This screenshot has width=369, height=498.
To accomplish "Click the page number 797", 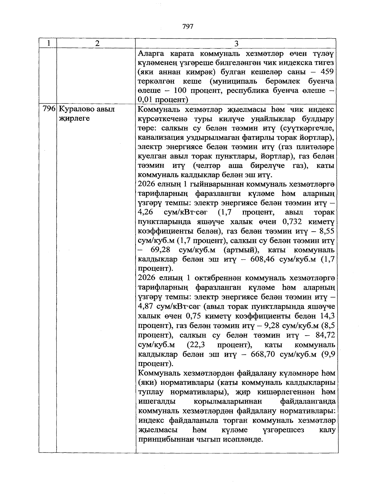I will pos(188,27).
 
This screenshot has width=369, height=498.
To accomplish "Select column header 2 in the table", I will pos(97,44).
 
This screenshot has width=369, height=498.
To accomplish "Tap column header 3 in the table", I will pos(236,44).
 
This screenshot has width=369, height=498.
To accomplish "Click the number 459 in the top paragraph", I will pos(327,72).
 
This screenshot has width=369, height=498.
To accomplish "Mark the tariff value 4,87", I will pos(146,306).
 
